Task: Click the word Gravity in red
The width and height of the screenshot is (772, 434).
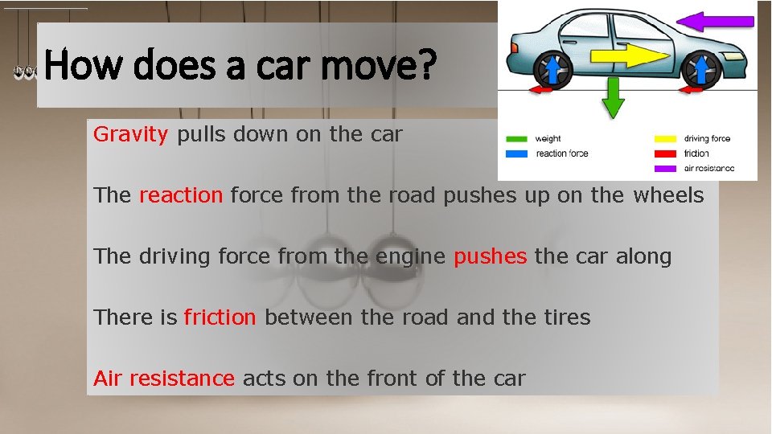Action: coord(129,134)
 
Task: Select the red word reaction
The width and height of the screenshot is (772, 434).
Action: coord(180,195)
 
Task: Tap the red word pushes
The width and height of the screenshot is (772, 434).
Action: coord(491,256)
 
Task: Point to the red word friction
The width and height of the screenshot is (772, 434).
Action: coord(220,317)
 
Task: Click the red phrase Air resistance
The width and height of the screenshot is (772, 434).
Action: coord(164,379)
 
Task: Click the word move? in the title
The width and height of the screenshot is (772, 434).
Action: coord(377,66)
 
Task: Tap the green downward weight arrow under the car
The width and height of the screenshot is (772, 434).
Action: coord(614,96)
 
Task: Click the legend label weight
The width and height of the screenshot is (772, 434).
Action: coord(548,139)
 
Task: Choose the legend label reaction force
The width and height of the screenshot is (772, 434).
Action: coord(561,154)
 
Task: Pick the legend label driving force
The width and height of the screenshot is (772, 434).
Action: coord(707,139)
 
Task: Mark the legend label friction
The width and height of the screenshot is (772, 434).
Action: coord(696,154)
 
